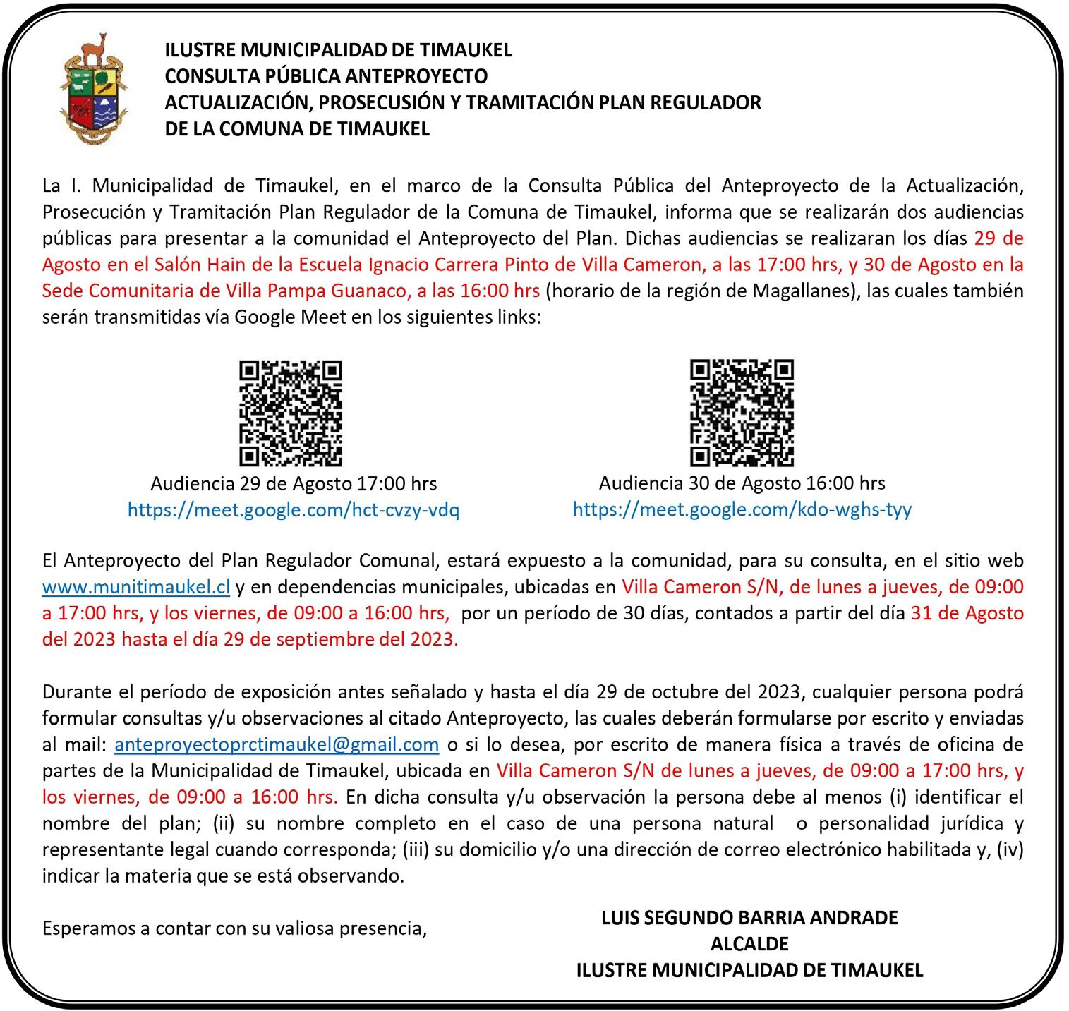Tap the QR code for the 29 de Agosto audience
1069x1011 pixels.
[x=291, y=413]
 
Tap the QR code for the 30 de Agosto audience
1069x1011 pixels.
[x=742, y=413]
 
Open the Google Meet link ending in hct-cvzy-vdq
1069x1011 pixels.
[x=294, y=510]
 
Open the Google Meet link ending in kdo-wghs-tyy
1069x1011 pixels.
[x=742, y=509]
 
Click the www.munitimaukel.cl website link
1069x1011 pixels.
[x=136, y=587]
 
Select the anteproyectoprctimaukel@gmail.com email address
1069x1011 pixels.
[x=277, y=744]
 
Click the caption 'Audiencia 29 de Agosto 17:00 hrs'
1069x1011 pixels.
[x=294, y=484]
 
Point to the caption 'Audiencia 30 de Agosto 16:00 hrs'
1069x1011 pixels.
[x=742, y=483]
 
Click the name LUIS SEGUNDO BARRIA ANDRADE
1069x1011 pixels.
[x=749, y=918]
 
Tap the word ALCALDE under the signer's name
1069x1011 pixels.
[x=749, y=944]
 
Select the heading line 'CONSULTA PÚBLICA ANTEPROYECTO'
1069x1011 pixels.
[x=326, y=75]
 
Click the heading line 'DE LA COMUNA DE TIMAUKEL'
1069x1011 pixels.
[x=297, y=129]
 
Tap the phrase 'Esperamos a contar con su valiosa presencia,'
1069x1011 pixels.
[x=235, y=928]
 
